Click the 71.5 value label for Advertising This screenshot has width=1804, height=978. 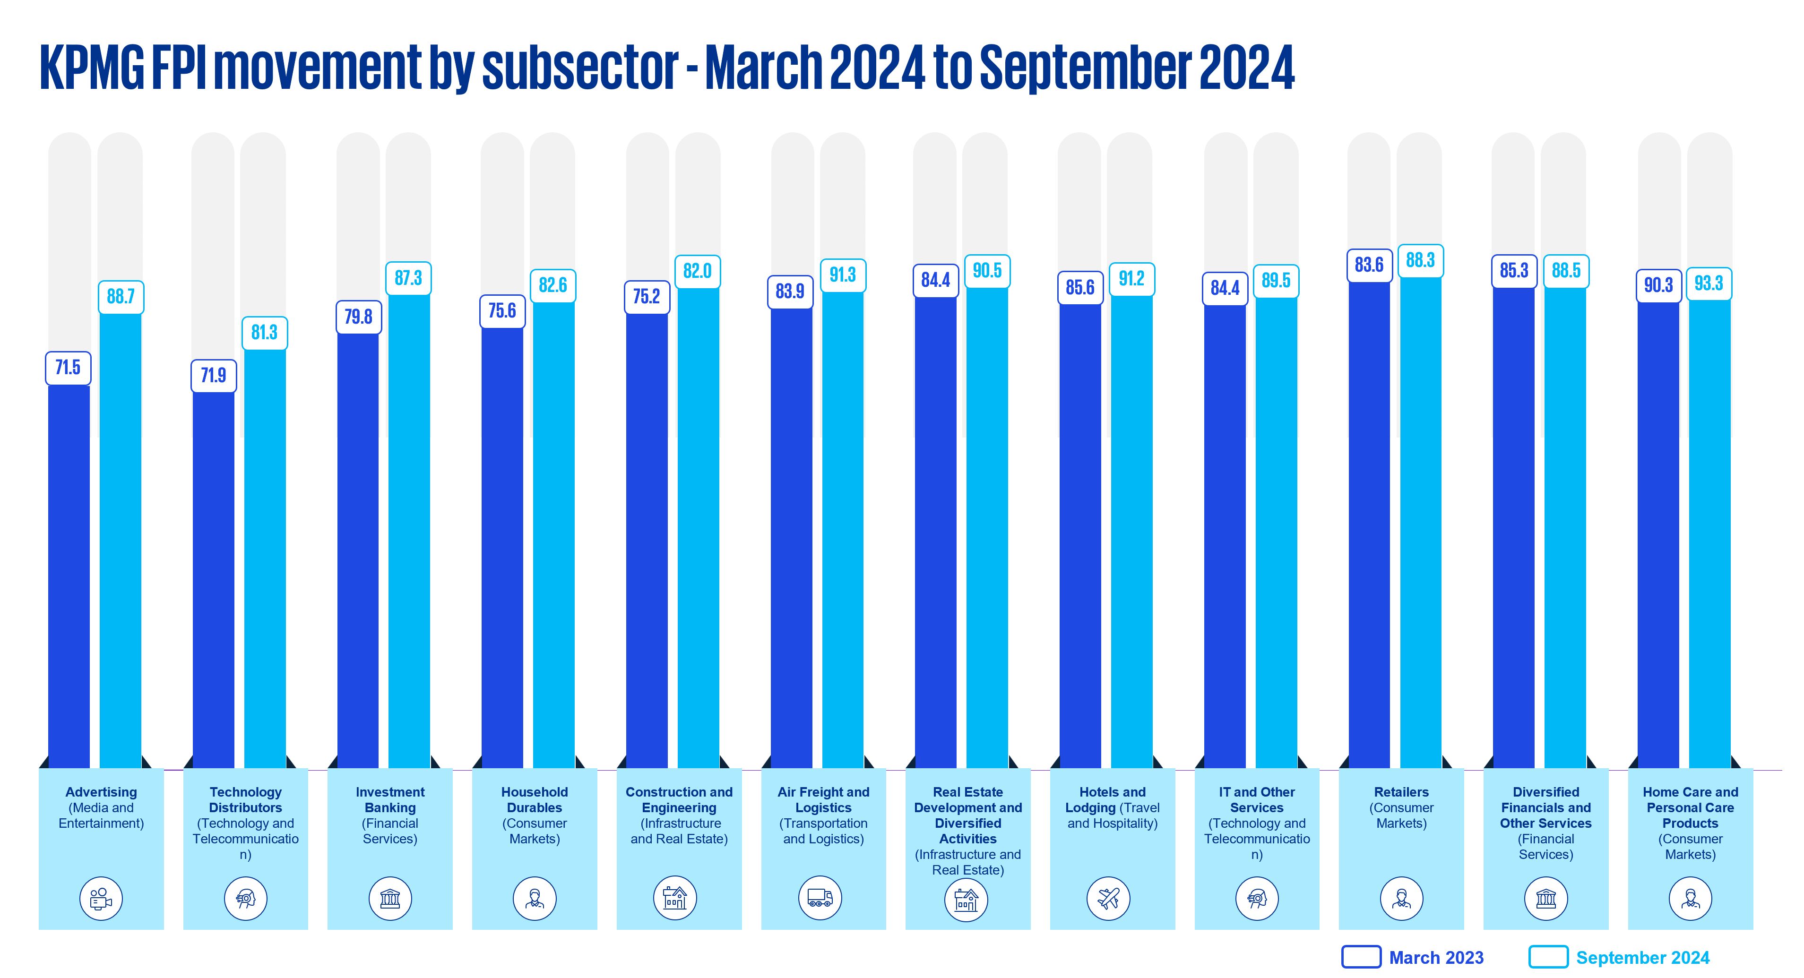pyautogui.click(x=68, y=368)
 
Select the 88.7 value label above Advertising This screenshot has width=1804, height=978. pyautogui.click(x=121, y=297)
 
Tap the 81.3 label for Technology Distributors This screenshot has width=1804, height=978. pyautogui.click(x=264, y=333)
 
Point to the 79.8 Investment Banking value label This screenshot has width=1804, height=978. pyautogui.click(x=358, y=317)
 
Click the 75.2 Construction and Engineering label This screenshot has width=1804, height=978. pyautogui.click(x=647, y=297)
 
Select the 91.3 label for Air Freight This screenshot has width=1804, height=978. pyautogui.click(x=843, y=275)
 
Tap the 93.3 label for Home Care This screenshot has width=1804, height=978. pyautogui.click(x=1708, y=283)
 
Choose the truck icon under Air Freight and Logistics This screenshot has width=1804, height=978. pyautogui.click(x=820, y=898)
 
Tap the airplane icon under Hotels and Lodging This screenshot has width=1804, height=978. pyautogui.click(x=1109, y=898)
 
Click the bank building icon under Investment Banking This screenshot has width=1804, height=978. pyautogui.click(x=390, y=898)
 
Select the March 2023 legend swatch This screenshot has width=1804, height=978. pyautogui.click(x=1361, y=957)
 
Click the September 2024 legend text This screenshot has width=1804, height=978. pyautogui.click(x=1642, y=958)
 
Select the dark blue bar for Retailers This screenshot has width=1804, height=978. pyautogui.click(x=1369, y=525)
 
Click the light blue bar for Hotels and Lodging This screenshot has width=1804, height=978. pyautogui.click(x=1131, y=532)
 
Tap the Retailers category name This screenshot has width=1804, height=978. pyautogui.click(x=1401, y=792)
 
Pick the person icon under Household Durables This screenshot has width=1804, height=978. pyautogui.click(x=535, y=898)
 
